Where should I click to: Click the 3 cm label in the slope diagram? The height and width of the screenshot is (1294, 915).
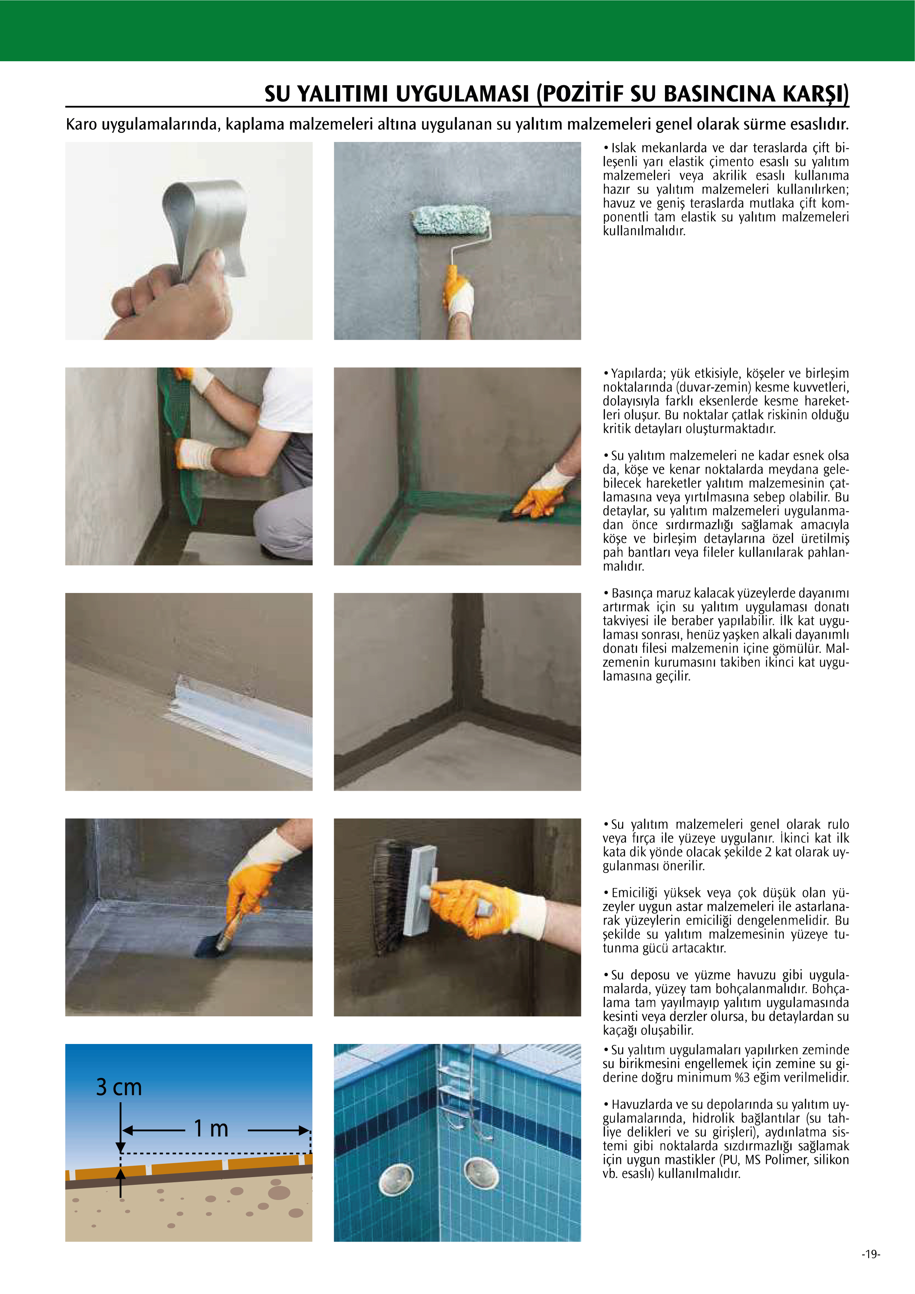tap(119, 1087)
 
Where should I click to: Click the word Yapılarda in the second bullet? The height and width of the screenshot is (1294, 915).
tap(639, 374)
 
